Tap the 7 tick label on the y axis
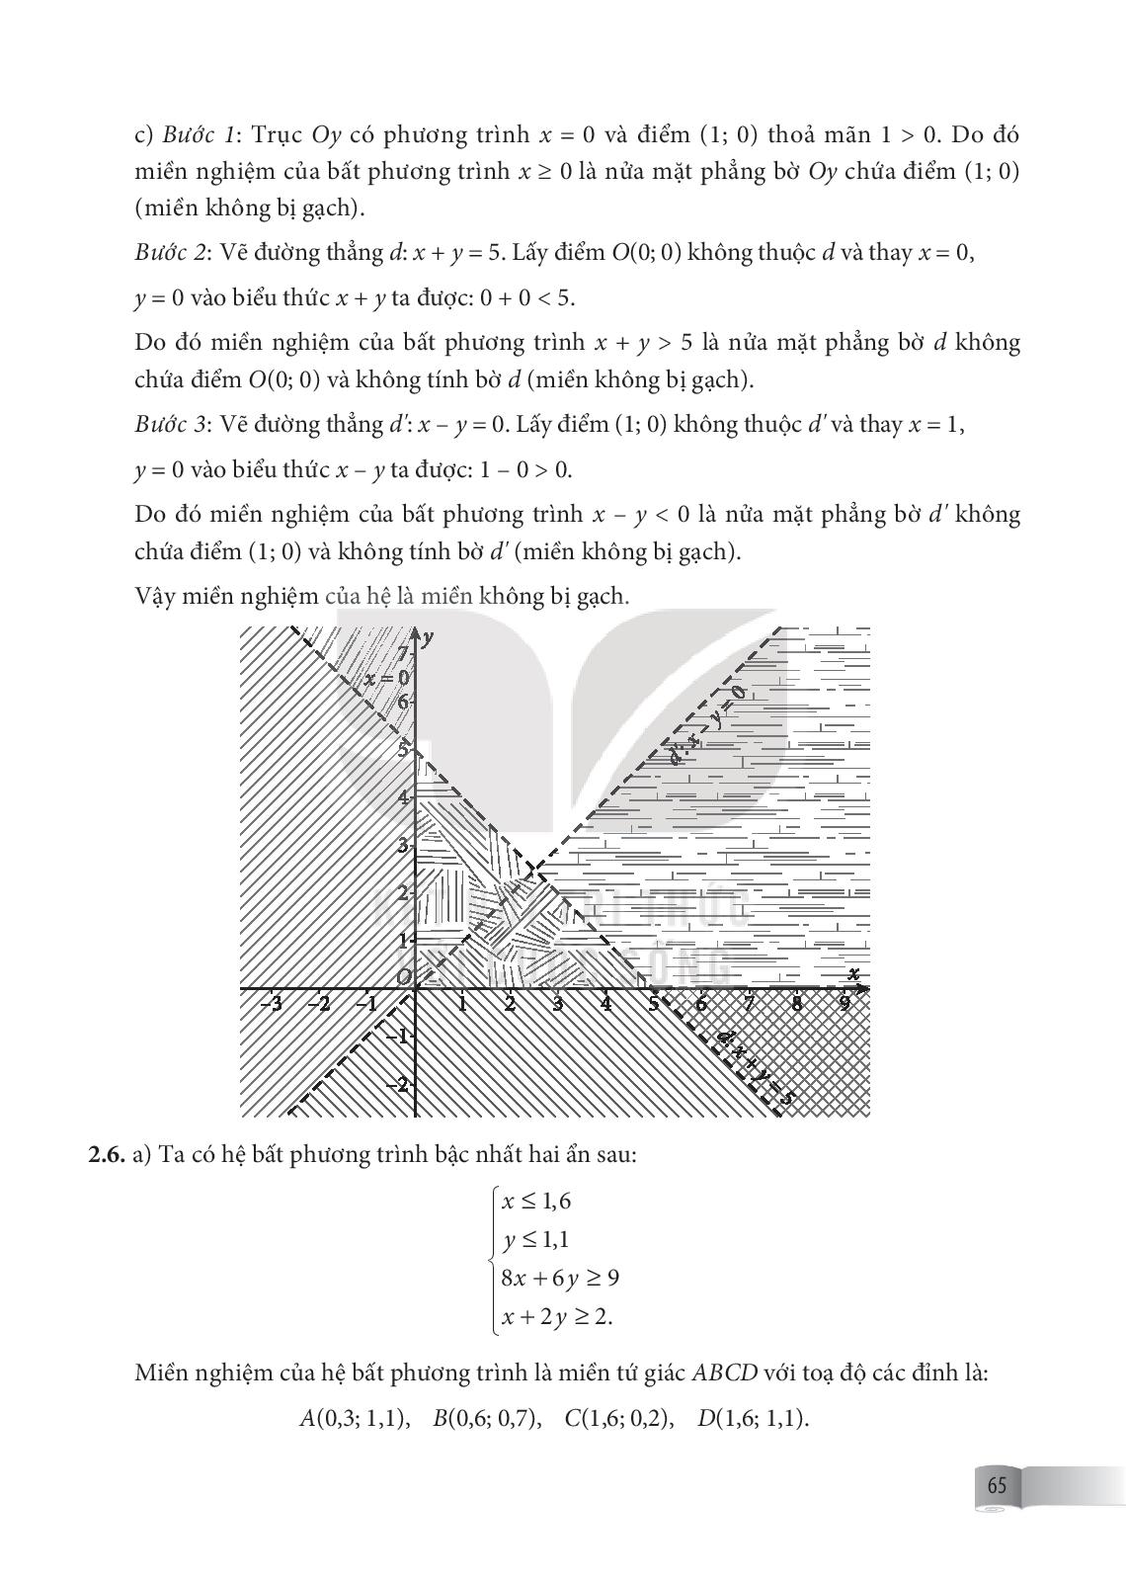coord(403,654)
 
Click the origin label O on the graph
coord(403,976)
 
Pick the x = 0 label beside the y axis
coord(385,678)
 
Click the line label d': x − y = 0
coord(705,727)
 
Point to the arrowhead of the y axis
coord(416,633)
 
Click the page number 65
coord(996,1485)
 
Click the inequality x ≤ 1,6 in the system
coord(536,1202)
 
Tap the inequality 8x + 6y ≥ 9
coord(560,1278)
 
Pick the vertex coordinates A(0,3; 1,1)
coord(354,1419)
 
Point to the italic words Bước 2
coord(170,252)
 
